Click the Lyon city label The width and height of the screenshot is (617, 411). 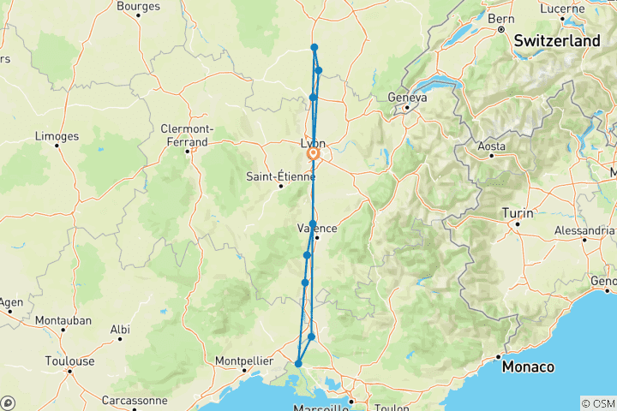(x=313, y=143)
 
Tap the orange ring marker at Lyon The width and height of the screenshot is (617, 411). (x=314, y=155)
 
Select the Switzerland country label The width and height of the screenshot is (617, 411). (x=556, y=40)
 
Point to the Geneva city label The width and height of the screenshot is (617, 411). (x=408, y=98)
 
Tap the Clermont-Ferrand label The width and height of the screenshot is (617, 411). (x=184, y=135)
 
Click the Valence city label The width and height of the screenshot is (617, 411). (x=316, y=229)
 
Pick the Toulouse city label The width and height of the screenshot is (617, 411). (x=69, y=361)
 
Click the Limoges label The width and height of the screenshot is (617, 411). (x=57, y=136)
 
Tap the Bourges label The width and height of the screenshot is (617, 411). (x=138, y=6)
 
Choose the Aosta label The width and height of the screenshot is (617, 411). (x=492, y=146)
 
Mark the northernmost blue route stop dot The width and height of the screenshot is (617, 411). (x=314, y=47)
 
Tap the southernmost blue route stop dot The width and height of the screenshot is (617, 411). (x=298, y=364)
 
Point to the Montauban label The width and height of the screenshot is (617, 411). (x=63, y=320)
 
